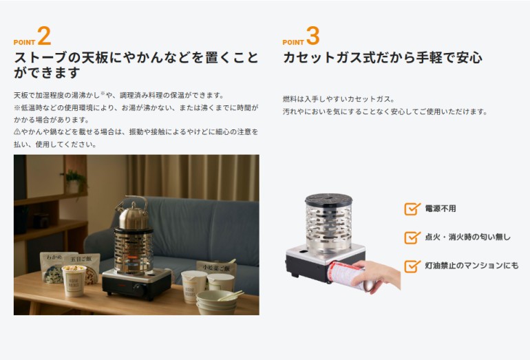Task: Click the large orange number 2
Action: [44, 36]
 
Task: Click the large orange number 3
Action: [313, 36]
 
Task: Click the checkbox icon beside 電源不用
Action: [412, 209]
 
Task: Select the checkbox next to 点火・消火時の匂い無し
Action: [412, 237]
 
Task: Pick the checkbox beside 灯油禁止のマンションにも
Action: [412, 266]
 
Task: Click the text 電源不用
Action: [441, 209]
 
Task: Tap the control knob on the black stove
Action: [139, 288]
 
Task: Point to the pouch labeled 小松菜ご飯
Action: [216, 268]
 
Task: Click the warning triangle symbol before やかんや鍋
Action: [17, 132]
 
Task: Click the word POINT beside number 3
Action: [293, 42]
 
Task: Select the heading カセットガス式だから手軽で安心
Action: [382, 57]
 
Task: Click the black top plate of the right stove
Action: [329, 199]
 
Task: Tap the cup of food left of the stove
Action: [74, 281]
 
